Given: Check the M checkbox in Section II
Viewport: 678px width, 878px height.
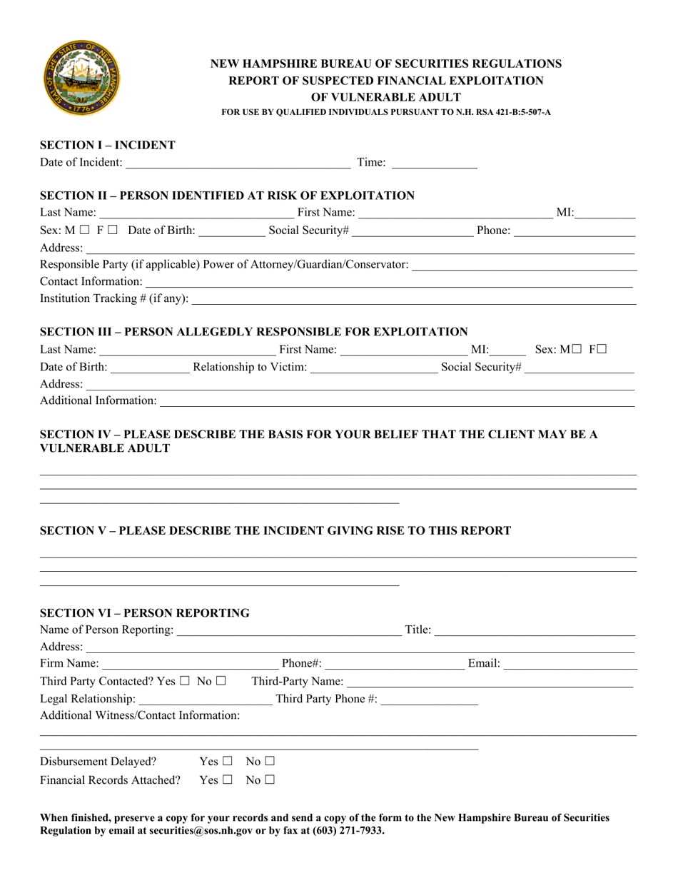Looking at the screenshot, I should [x=85, y=231].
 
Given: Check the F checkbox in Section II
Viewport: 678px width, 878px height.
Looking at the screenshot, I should [x=113, y=231].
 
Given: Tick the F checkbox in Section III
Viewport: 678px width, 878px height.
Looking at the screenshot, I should [x=602, y=349].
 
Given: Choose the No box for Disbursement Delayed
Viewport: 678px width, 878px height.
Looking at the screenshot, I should [x=270, y=762].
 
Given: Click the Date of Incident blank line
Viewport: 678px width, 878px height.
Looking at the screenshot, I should [x=238, y=163].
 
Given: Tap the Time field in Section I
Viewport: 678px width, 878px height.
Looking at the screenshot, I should [x=434, y=163].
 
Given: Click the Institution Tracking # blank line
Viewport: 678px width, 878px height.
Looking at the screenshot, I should [x=414, y=299].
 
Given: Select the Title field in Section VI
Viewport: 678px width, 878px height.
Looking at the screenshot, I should [x=534, y=630].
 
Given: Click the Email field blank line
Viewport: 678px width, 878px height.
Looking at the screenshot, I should [x=570, y=665].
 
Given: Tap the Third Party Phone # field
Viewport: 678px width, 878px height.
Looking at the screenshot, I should [x=430, y=699].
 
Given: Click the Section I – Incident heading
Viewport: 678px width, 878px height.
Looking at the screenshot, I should [x=108, y=145].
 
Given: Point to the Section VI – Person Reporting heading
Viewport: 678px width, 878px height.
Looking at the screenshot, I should [x=145, y=612].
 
